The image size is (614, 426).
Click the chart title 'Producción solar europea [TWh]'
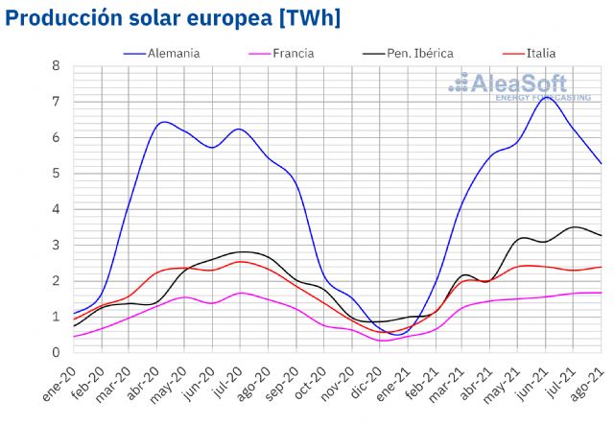[174, 18]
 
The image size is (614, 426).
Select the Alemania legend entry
[173, 53]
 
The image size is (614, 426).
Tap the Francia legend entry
[292, 53]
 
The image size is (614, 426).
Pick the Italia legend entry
[539, 53]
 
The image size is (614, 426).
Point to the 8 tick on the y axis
[57, 66]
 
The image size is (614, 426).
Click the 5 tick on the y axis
[57, 174]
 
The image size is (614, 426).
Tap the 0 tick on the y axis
[57, 352]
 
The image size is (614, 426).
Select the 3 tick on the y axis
[57, 245]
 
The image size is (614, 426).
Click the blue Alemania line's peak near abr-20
[164, 122]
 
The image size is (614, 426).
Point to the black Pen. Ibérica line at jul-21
[574, 227]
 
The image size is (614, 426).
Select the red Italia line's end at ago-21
[602, 267]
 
